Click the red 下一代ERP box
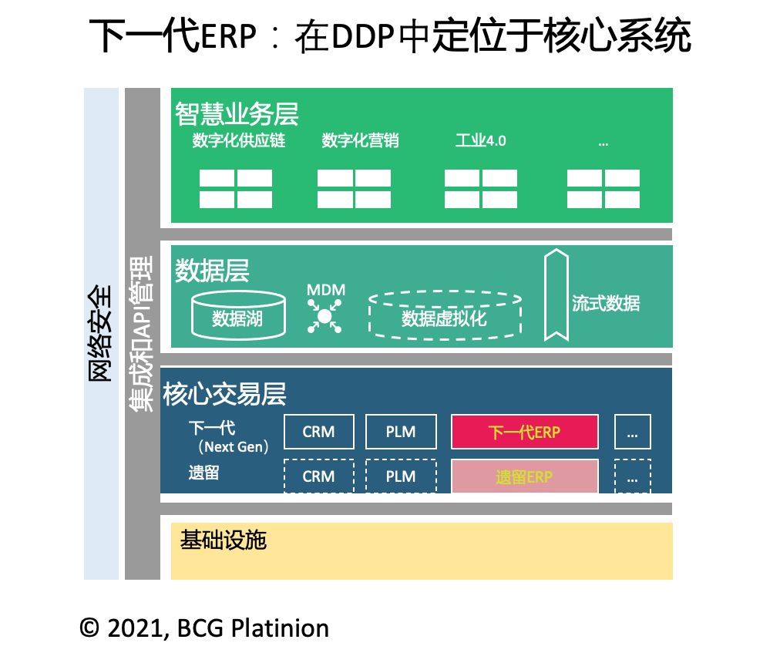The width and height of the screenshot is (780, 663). click(x=524, y=432)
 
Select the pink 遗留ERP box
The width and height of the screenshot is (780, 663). click(x=524, y=476)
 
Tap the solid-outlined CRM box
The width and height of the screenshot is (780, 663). click(x=319, y=432)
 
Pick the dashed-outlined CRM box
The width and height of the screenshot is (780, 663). click(x=319, y=476)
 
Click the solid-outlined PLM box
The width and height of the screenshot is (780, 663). click(x=401, y=432)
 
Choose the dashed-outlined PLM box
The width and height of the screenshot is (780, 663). click(x=401, y=476)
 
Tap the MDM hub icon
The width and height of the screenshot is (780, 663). click(x=324, y=315)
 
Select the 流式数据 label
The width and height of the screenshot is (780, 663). click(x=606, y=303)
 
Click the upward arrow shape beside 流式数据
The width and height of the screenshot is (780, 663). click(x=555, y=294)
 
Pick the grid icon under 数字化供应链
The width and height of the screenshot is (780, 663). click(x=236, y=189)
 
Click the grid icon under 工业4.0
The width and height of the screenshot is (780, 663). click(x=481, y=189)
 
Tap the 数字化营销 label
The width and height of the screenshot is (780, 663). click(x=360, y=141)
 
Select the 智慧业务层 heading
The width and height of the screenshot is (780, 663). click(x=236, y=114)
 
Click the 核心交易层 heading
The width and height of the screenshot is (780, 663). click(x=224, y=394)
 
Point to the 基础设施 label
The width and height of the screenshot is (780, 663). click(x=223, y=540)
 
